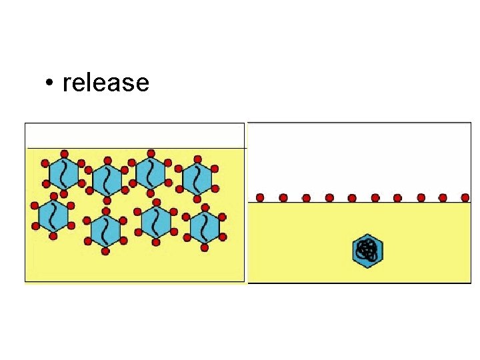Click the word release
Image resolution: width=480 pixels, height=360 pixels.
105,83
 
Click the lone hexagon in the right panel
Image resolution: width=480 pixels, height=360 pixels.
367,251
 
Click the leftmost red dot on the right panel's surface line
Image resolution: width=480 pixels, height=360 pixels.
260,197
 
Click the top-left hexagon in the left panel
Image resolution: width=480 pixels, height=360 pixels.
63,173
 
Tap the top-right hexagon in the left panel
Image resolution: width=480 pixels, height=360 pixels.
197,177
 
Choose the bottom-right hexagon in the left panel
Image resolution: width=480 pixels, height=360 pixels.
205,227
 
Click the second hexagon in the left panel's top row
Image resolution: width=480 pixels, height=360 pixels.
107,179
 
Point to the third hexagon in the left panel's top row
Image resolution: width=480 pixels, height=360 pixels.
151,173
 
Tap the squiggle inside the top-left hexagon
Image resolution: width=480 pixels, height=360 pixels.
63,173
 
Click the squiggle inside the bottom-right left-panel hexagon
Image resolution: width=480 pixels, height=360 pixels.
205,227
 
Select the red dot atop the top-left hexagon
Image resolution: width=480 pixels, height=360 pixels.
63,153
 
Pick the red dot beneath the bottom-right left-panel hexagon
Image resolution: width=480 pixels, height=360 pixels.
205,248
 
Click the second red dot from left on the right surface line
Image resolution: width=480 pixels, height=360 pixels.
283,197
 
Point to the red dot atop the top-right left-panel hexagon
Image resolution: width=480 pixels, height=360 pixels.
197,158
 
